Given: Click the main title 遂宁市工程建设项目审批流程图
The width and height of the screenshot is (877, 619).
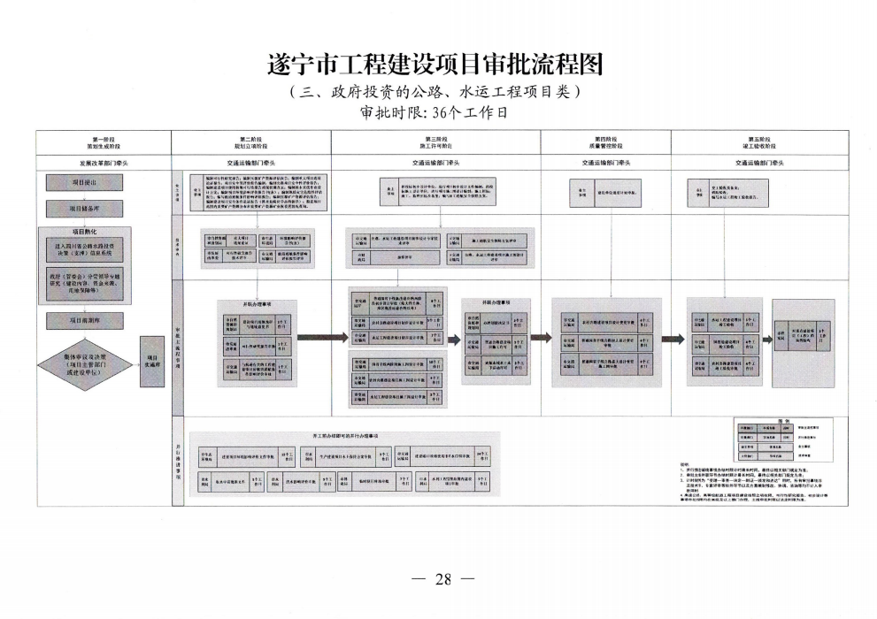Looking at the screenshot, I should click(438, 65).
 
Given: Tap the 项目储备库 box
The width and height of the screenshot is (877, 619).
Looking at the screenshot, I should click(85, 208).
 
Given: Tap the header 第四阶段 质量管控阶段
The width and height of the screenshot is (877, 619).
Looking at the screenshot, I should click(605, 142).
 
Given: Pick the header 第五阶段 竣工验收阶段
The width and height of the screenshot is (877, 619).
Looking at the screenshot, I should click(759, 142).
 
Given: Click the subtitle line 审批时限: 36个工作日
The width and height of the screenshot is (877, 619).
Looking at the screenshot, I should click(438, 113).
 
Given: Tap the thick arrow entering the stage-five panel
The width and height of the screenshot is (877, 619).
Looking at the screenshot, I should click(675, 337).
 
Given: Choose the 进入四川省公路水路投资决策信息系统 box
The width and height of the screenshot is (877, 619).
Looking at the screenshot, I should click(85, 250).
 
